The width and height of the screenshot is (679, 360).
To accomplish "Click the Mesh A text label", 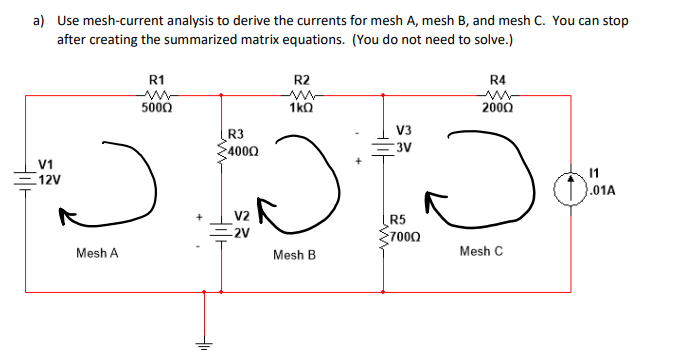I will coord(97,254).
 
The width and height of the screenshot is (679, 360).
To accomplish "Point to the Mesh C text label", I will coord(481,251).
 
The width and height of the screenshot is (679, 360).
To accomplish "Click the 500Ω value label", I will coord(157,108).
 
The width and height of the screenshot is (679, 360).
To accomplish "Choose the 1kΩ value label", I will coord(301,108).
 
